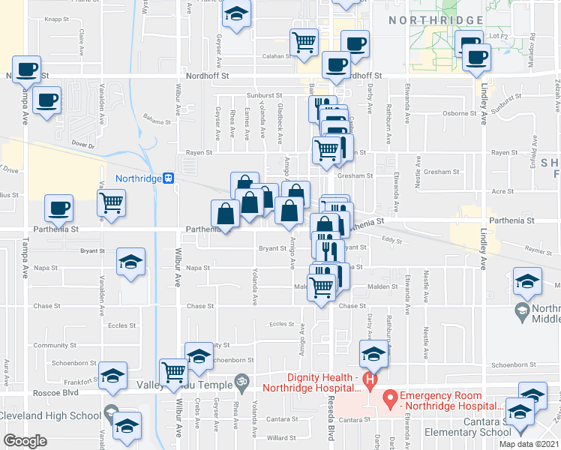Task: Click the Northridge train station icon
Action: tap(170, 178)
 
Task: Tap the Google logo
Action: tap(25, 441)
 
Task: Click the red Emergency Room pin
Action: tap(390, 396)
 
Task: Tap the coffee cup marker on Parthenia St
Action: tap(58, 208)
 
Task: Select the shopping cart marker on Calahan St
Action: tap(304, 42)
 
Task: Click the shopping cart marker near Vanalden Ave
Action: tap(111, 202)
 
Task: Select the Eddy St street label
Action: tap(387, 240)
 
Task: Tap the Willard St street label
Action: tap(281, 437)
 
